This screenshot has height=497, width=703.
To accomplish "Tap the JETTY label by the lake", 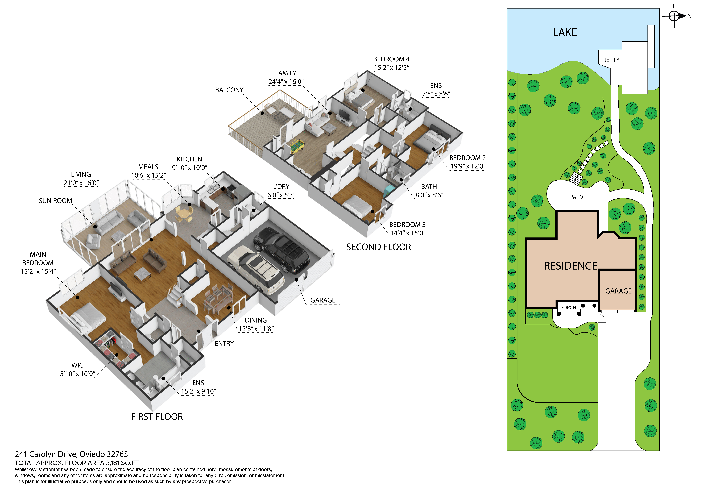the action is pos(611,60).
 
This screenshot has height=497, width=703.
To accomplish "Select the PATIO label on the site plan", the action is pos(577,197).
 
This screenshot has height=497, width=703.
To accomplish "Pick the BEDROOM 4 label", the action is pos(391,59).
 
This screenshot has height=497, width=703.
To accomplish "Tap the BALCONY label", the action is pos(229,90).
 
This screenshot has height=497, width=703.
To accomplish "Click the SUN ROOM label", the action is pos(55,201).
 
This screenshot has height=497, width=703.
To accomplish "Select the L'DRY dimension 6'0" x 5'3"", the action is pos(281,195).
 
